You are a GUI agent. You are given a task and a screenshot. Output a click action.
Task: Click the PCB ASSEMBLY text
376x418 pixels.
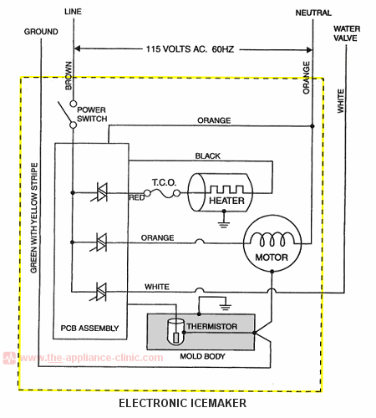pyautogui.click(x=89, y=327)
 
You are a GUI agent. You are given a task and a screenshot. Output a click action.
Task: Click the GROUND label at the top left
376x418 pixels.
pyautogui.click(x=40, y=31)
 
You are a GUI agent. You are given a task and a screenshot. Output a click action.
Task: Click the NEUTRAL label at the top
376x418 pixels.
pyautogui.click(x=313, y=13)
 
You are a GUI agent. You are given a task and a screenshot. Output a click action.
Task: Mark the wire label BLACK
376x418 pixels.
pyautogui.click(x=207, y=156)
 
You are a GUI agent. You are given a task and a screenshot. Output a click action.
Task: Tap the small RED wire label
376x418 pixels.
pyautogui.click(x=137, y=199)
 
